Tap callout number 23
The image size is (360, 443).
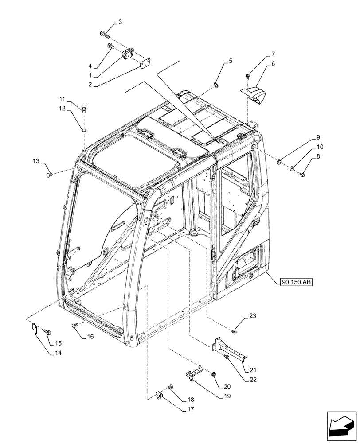[x=252, y=316]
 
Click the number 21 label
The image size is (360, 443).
[x=253, y=370]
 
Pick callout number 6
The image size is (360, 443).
[x=273, y=64]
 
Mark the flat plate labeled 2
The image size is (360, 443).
[x=143, y=65]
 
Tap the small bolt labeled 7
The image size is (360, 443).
[x=249, y=75]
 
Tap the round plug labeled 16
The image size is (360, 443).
[x=75, y=326]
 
